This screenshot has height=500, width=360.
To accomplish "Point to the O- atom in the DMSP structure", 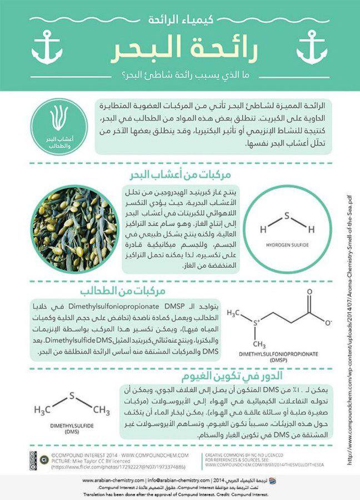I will (328, 322).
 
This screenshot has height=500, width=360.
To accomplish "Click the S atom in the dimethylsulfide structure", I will (71, 397).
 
